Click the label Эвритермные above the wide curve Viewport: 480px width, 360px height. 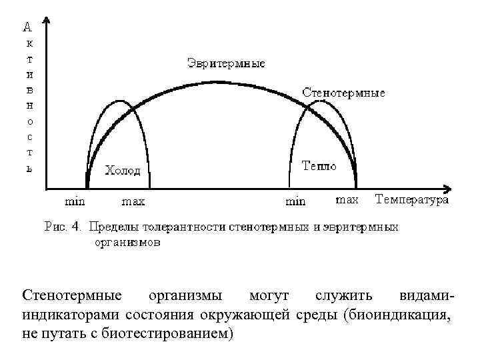pyautogui.click(x=225, y=64)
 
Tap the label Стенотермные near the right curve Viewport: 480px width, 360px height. pyautogui.click(x=343, y=93)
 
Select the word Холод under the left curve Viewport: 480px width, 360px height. pyautogui.click(x=123, y=171)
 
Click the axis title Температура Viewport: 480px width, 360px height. pyautogui.click(x=411, y=199)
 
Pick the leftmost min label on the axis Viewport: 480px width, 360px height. pyautogui.click(x=75, y=200)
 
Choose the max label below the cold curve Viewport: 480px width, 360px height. pyautogui.click(x=133, y=200)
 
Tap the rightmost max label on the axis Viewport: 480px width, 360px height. pyautogui.click(x=347, y=199)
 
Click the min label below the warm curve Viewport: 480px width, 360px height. pyautogui.click(x=295, y=200)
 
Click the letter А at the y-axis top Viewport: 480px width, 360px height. pyautogui.click(x=27, y=27)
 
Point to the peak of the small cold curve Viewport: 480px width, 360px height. pyautogui.click(x=120, y=101)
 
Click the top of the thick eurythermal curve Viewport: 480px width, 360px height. pyautogui.click(x=217, y=82)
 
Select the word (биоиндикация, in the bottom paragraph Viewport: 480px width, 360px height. pyautogui.click(x=397, y=315)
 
